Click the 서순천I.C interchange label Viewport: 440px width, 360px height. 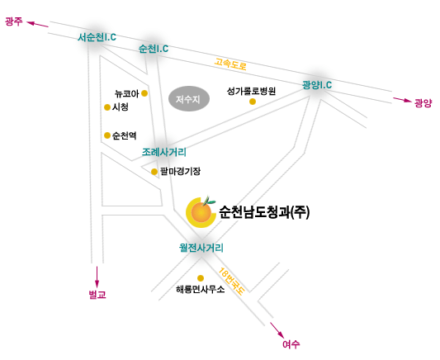click(97, 37)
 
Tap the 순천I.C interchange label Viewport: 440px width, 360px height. click(154, 49)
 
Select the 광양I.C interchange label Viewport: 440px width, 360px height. click(317, 85)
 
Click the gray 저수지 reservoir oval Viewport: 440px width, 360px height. click(189, 98)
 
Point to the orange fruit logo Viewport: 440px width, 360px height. click(201, 212)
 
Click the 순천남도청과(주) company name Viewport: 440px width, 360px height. click(264, 212)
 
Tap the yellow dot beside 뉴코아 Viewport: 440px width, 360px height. click(144, 93)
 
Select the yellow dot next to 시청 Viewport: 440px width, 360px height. click(107, 107)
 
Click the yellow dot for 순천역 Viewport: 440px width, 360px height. click(107, 135)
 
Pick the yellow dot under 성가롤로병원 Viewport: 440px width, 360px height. click(253, 102)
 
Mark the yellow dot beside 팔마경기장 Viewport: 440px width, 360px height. click(154, 172)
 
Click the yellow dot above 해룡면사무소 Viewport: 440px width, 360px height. click(201, 278)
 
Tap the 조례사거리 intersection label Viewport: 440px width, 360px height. click(164, 152)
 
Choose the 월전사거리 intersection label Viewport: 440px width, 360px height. click(201, 248)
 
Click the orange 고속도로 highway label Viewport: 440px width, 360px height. click(230, 64)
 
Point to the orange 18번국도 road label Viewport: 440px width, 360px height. click(232, 281)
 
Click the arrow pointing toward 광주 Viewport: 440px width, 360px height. click(38, 24)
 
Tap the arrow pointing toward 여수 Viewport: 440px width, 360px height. click(277, 330)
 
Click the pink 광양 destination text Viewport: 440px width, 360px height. click(423, 103)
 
